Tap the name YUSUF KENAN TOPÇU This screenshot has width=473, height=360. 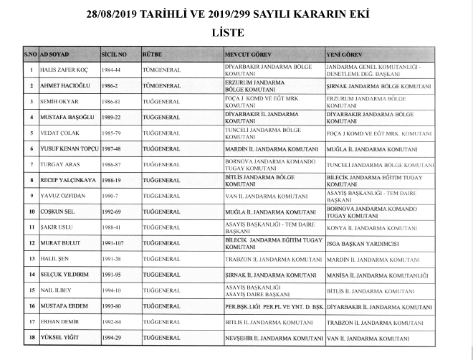point(69,148)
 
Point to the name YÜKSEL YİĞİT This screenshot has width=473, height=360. point(59,338)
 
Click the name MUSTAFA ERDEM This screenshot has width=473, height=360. point(62,306)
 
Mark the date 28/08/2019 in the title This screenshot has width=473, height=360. point(115,14)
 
